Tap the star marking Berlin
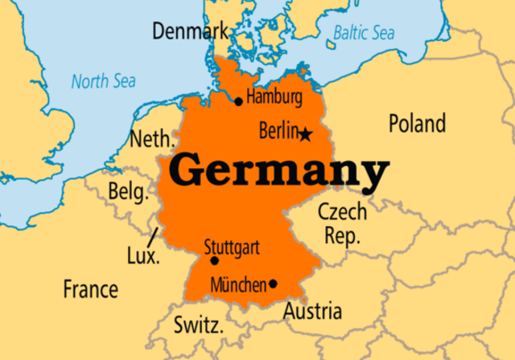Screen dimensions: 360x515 306,134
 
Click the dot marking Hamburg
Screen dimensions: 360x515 238,101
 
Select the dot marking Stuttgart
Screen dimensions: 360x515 214,261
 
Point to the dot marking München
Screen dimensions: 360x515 274,283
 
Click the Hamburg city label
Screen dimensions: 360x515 274,98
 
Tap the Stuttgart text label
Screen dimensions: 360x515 232,246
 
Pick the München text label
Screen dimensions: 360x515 238,284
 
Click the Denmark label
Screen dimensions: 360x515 189,32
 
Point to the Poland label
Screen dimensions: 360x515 417,124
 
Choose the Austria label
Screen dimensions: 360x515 312,311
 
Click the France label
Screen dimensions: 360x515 90,288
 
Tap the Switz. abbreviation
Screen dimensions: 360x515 197,325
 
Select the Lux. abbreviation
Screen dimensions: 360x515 143,256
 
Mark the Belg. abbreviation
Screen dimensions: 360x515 128,192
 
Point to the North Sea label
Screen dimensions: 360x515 103,81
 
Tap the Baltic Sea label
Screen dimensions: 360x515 363,32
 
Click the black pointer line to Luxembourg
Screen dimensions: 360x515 154,238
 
